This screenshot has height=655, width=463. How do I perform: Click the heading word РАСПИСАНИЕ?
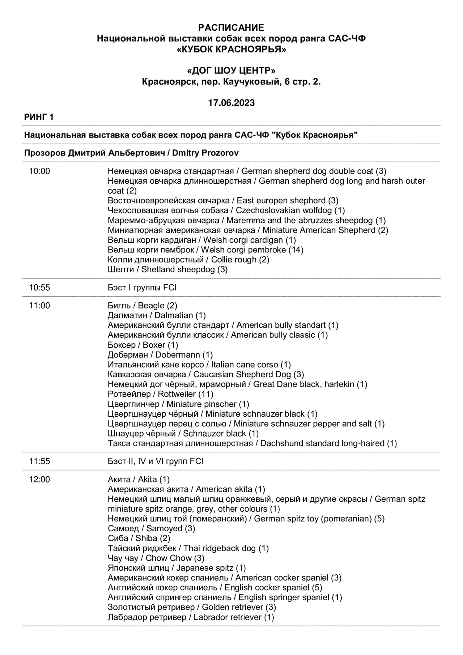coord(231,28)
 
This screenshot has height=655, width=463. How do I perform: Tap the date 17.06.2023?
coord(231,103)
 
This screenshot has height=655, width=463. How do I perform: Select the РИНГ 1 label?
coord(39,117)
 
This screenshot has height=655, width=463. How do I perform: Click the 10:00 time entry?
coord(39,171)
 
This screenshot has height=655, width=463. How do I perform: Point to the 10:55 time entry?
coord(39,288)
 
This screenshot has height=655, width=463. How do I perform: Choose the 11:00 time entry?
coord(39,306)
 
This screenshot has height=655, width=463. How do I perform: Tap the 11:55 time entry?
coord(39,462)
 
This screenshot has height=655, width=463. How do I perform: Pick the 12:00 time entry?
coord(39,480)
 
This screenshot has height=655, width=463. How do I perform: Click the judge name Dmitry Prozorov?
coord(205,153)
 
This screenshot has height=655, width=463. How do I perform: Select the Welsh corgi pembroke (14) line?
coord(205,250)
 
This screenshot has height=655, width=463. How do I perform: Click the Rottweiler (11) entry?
coord(160,394)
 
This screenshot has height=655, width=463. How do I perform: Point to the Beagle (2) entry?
coord(143,306)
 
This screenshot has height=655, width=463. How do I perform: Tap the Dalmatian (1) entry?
coord(157,316)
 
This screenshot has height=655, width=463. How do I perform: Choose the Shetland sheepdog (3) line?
coord(167,269)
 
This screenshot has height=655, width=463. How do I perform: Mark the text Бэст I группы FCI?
coord(142,288)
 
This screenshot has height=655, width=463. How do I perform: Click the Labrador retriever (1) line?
coord(191,617)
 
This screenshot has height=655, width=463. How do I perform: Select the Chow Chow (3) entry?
coord(156,558)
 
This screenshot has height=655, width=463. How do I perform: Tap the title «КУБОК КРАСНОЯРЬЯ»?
coord(231,49)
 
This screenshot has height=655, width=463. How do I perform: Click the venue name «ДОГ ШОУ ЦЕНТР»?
coord(231,71)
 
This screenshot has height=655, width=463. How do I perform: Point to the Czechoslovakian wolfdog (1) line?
coord(226,210)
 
